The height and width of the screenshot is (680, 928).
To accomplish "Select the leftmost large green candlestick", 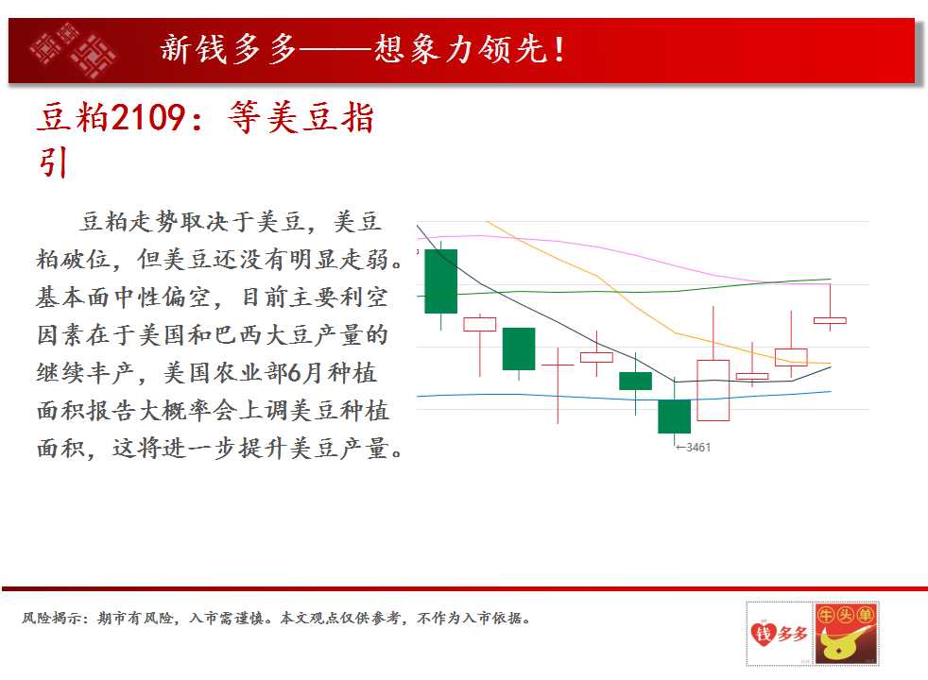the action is [441, 281].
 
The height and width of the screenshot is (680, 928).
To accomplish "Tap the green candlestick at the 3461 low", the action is [674, 416].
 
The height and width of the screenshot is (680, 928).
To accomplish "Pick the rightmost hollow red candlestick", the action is [830, 320].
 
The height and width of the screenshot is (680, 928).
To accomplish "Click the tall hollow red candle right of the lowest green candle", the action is [713, 390].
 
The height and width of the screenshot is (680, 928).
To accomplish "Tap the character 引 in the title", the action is [53, 162].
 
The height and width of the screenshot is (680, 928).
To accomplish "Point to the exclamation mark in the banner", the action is [559, 50].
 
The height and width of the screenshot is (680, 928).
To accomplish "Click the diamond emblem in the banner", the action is [72, 50].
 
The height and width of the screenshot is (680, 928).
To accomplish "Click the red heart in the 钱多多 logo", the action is [763, 633].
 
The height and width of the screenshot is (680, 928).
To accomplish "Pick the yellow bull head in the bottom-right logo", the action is [843, 644].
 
